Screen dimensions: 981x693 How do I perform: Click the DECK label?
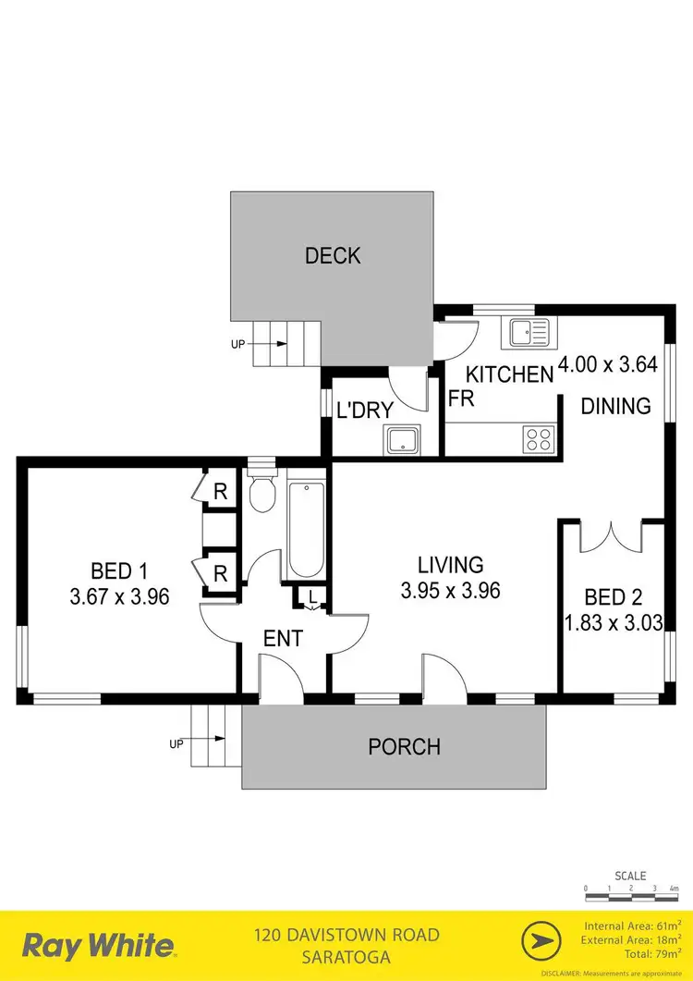[x=333, y=256]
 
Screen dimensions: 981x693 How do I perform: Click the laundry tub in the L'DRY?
[x=403, y=440]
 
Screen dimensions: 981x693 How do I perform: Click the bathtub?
[x=306, y=527]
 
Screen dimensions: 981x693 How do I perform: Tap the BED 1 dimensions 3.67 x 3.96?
[x=119, y=596]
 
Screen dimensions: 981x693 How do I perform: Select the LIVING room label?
[x=450, y=564]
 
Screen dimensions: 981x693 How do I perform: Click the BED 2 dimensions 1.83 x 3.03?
[x=614, y=622]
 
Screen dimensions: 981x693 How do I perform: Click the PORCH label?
[x=405, y=746]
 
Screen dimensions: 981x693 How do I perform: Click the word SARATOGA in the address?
[x=346, y=955]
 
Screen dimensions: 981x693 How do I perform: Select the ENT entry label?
[x=283, y=637]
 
